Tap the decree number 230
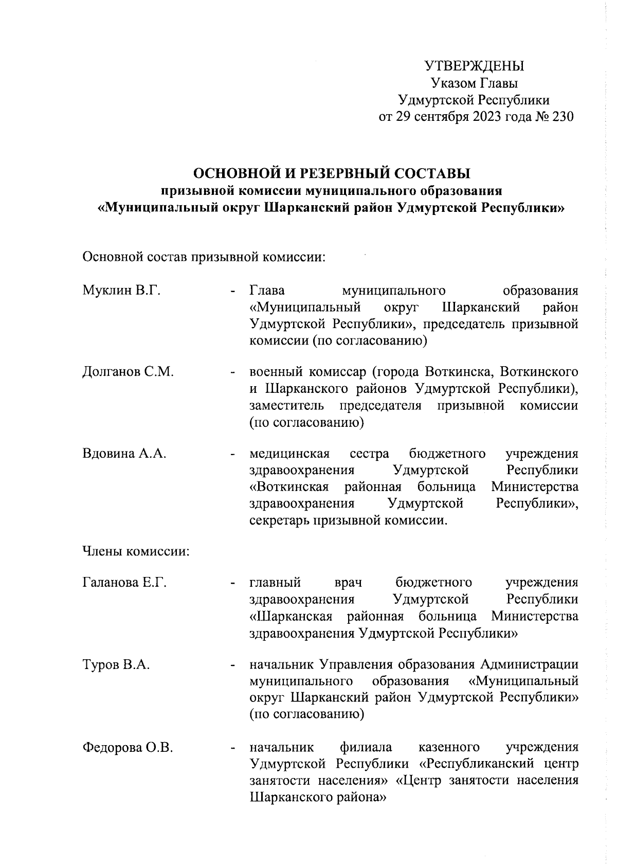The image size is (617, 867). pyautogui.click(x=561, y=117)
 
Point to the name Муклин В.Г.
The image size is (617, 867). pyautogui.click(x=121, y=291)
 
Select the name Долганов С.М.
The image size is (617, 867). pyautogui.click(x=128, y=372)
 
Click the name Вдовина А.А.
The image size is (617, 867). pyautogui.click(x=124, y=454)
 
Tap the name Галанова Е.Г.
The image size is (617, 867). pyautogui.click(x=124, y=583)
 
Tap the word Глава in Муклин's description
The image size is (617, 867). pyautogui.click(x=267, y=291)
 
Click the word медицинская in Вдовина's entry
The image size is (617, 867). pyautogui.click(x=289, y=454)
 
